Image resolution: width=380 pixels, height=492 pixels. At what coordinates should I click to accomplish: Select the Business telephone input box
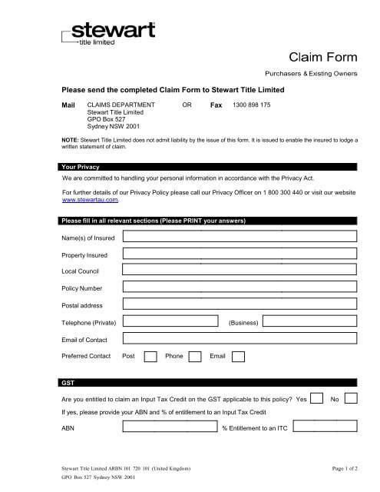[x=314, y=323]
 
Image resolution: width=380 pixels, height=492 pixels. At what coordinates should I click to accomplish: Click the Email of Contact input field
[x=240, y=340]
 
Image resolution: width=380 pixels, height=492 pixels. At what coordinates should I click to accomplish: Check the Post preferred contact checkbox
[x=151, y=357]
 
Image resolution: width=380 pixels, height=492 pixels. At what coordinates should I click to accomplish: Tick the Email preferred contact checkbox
[x=238, y=357]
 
